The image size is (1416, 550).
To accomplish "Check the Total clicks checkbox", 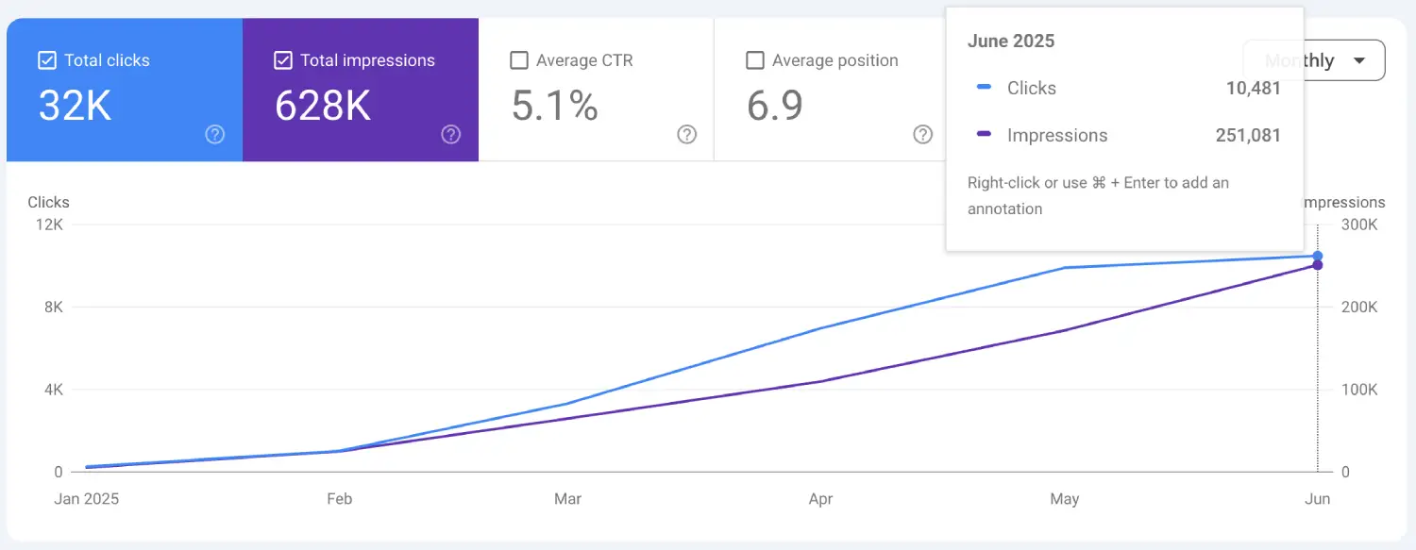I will (46, 60).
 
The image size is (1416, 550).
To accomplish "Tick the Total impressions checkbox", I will (282, 60).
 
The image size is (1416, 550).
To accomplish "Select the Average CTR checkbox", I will (518, 60).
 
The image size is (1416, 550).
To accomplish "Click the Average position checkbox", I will (754, 60).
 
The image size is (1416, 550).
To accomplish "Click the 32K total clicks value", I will (75, 107).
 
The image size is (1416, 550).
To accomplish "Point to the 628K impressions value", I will (322, 107).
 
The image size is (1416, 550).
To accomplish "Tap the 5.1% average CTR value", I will (554, 107).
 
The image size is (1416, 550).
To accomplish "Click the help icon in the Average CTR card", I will (686, 135).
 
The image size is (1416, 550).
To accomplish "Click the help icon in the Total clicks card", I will (215, 135).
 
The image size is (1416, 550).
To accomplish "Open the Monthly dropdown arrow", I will (1358, 61).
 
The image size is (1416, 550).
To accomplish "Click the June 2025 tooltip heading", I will (1011, 42).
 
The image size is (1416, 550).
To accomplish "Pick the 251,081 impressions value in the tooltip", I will (1247, 136).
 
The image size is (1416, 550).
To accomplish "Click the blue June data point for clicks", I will (1318, 256).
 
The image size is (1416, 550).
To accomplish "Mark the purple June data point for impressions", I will (1318, 265).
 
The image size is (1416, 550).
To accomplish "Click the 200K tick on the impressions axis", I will (1360, 308).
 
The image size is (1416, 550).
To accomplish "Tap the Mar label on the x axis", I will (567, 499).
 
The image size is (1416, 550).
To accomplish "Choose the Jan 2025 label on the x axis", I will (87, 499).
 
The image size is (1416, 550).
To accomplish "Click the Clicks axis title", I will (48, 203).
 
